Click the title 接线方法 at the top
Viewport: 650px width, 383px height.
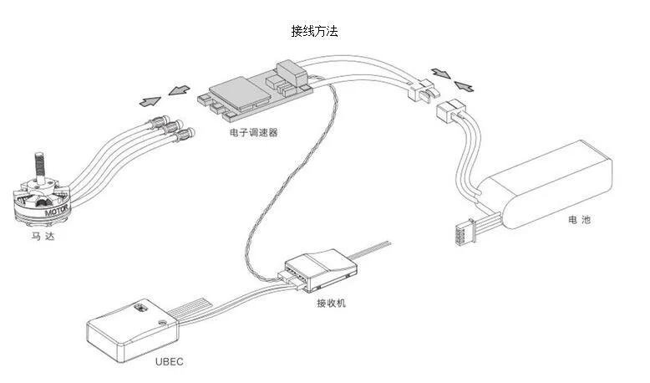315,31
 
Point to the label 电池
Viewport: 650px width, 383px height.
579,220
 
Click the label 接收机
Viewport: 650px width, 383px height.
331,302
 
